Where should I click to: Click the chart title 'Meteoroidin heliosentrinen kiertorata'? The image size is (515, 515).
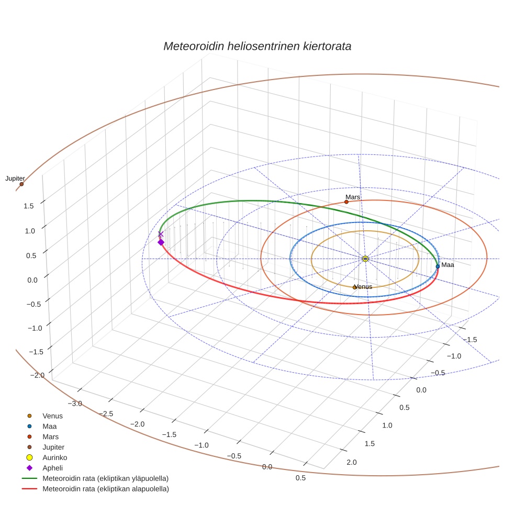tap(257, 46)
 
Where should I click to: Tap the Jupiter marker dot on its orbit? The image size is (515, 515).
tap(21, 184)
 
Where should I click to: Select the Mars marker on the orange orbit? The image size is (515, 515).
tap(346, 202)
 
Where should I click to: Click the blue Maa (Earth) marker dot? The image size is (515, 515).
tap(438, 266)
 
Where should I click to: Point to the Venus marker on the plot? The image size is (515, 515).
tap(354, 287)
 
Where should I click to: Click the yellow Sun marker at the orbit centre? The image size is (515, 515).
tap(365, 259)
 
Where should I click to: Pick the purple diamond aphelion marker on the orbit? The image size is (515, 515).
tap(161, 242)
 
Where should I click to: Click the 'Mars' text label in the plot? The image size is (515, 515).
tap(353, 197)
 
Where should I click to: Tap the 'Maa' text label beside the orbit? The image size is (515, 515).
tap(447, 265)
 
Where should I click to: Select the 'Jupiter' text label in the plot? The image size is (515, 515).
tap(15, 178)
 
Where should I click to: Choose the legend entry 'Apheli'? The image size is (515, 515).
tap(52, 468)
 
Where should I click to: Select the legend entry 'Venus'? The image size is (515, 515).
tap(52, 416)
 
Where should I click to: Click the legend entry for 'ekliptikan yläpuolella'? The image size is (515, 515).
tap(105, 478)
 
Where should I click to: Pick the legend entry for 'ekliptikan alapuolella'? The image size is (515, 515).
tap(105, 489)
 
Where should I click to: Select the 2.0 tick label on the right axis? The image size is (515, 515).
tap(351, 462)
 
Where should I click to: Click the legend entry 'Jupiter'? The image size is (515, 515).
tap(54, 447)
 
